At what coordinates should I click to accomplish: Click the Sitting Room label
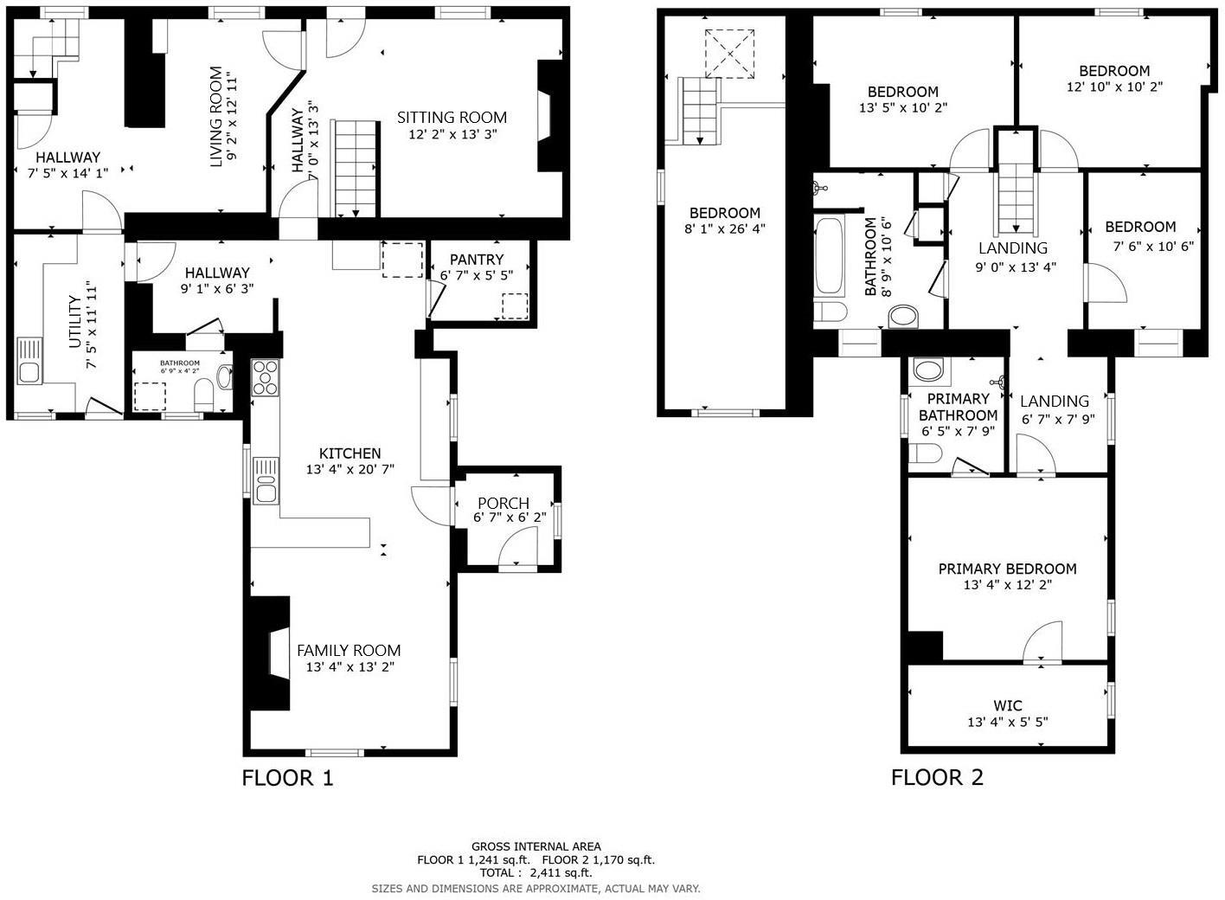[452, 118]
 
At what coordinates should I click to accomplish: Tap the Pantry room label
[476, 260]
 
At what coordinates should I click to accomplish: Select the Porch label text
[503, 503]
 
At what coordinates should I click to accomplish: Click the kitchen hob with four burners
[266, 377]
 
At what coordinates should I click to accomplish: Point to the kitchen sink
[266, 481]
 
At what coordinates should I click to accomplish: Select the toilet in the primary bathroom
[926, 453]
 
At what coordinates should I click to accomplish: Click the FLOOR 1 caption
[287, 778]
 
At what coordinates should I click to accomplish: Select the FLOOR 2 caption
[937, 778]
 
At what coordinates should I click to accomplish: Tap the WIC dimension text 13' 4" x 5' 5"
[1007, 722]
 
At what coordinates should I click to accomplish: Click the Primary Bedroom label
[1007, 569]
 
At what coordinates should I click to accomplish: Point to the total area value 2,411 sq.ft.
[560, 873]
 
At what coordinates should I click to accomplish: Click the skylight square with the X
[731, 54]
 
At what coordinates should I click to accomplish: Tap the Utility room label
[75, 322]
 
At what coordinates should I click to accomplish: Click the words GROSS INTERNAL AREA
[536, 846]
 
